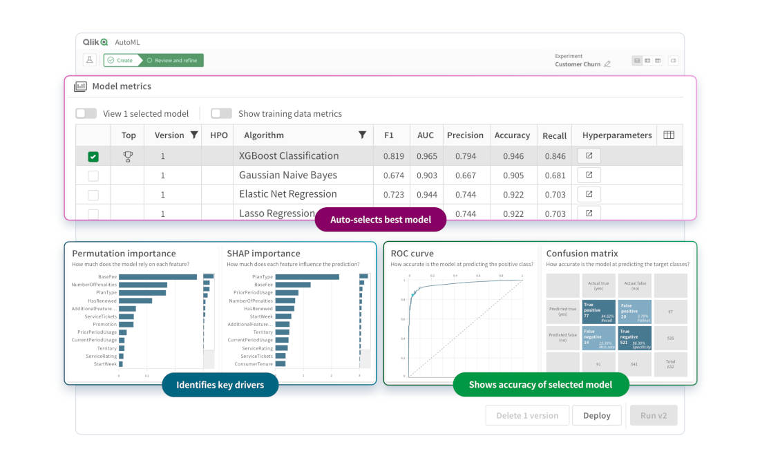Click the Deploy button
[596, 415]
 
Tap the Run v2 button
[653, 415]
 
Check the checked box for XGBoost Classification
[93, 157]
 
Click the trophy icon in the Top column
[128, 157]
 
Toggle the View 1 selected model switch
[86, 113]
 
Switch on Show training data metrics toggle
[221, 113]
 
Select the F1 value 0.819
[393, 156]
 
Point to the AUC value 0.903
[426, 175]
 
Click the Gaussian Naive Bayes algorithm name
[287, 175]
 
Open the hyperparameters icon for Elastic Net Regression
[589, 194]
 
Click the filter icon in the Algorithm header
[362, 135]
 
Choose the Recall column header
[554, 135]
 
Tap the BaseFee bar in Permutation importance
[158, 276]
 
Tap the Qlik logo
[95, 42]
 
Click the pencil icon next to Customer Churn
[607, 64]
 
